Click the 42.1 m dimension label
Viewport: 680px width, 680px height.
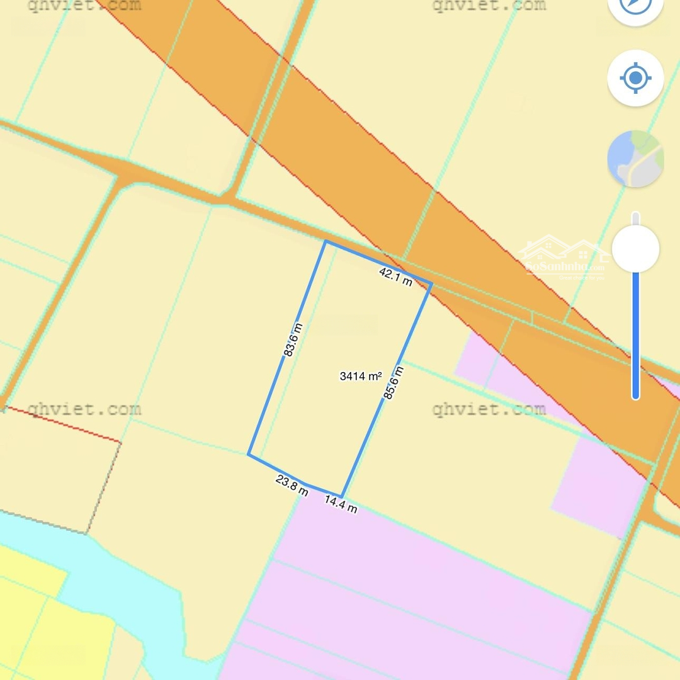coord(395,276)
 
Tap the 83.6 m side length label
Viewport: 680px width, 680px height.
coord(293,340)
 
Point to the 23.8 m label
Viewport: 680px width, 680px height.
coord(292,486)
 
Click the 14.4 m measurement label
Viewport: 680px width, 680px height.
coord(341,504)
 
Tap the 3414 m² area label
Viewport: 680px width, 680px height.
coord(361,377)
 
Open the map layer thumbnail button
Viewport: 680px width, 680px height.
coord(635,159)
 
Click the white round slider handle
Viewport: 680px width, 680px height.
coord(635,249)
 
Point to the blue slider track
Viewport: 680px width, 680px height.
coord(635,334)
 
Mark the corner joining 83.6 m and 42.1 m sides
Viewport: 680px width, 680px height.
coord(326,241)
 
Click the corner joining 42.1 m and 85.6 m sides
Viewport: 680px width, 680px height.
coord(431,284)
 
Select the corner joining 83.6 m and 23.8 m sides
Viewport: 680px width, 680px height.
coord(249,454)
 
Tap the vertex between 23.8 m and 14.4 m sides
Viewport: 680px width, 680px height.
coord(306,484)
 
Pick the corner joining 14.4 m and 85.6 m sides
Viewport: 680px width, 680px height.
coord(341,496)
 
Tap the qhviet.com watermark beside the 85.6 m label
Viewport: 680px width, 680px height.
coord(489,410)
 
